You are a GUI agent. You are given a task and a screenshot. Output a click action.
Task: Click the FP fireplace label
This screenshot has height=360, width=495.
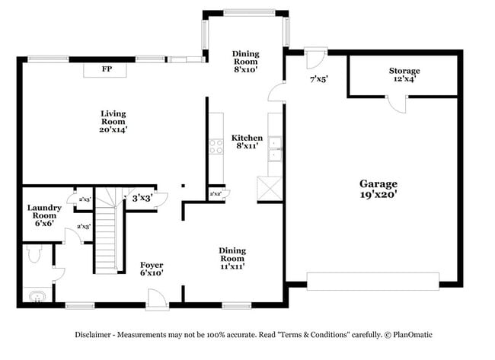click(x=106, y=70)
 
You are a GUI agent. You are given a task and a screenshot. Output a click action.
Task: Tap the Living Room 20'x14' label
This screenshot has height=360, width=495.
click(x=113, y=122)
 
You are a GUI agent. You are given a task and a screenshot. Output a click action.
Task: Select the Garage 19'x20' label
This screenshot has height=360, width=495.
click(x=378, y=189)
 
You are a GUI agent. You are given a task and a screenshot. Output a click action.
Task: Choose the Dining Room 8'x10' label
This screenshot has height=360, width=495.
click(x=245, y=61)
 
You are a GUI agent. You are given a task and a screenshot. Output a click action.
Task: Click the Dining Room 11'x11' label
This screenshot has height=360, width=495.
click(x=232, y=258)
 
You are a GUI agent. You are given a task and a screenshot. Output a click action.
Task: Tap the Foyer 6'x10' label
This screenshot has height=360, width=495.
click(x=151, y=269)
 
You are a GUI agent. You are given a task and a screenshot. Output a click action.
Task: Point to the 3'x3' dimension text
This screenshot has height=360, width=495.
click(x=142, y=198)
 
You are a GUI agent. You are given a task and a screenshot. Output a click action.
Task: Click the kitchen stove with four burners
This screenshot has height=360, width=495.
click(x=216, y=145)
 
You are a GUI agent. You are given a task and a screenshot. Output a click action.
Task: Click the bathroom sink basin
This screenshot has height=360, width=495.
click(x=35, y=296)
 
